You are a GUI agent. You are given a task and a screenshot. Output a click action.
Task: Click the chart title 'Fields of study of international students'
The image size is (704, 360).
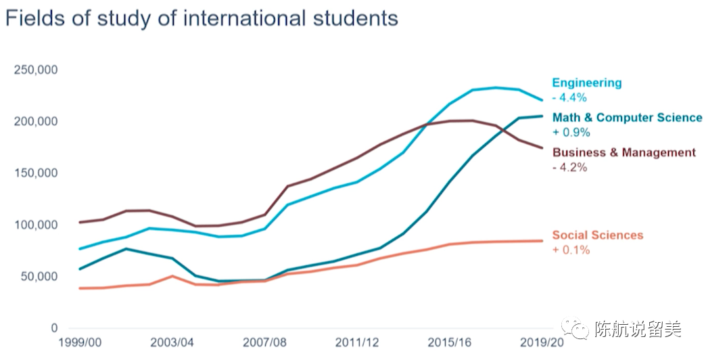[201, 18]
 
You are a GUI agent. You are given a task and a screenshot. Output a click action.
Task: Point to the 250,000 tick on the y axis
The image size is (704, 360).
[36, 70]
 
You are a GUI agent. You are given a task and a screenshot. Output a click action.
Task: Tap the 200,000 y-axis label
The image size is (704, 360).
[36, 122]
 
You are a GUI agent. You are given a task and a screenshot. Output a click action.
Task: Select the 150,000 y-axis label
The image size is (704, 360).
[36, 173]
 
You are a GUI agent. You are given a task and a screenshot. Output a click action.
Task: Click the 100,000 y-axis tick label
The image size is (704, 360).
[36, 225]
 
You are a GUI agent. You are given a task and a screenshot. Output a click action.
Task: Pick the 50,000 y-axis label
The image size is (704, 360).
[39, 277]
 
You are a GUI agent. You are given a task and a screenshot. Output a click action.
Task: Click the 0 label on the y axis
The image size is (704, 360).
[54, 328]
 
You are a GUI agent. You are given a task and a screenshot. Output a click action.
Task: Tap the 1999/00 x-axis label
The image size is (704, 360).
[80, 343]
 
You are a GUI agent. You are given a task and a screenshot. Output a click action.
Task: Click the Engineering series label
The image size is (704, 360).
[586, 83]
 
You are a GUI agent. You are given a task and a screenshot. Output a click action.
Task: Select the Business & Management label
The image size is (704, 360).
[624, 152]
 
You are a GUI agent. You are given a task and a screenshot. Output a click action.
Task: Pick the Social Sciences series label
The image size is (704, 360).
[597, 235]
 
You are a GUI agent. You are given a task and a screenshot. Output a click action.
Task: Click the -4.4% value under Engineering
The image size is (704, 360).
[569, 97]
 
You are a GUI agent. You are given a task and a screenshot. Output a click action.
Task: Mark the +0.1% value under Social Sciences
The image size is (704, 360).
[571, 250]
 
